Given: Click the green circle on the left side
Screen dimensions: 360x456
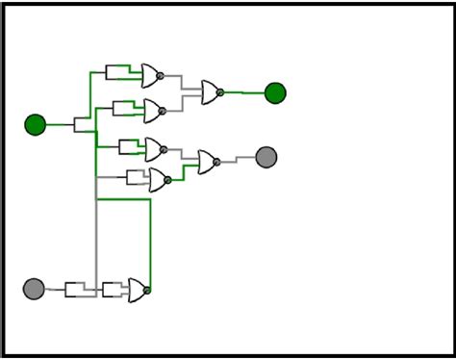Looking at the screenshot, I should coord(36,124).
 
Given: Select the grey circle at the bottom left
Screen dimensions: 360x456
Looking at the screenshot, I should coord(34,289).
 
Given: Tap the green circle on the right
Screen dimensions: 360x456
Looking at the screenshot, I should coord(275,93).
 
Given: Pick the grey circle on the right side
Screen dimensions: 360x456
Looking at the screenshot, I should coord(266,157).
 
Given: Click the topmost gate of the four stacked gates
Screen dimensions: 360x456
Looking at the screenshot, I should coord(150,75).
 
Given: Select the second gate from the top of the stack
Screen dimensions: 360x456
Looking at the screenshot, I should coord(152,111).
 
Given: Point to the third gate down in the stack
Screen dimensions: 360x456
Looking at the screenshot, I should coord(153,149).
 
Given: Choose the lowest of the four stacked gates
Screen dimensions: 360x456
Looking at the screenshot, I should coord(157,180).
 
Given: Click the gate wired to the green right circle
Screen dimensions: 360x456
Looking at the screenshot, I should coord(210,92).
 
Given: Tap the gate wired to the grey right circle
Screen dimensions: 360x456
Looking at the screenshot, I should coord(207,162).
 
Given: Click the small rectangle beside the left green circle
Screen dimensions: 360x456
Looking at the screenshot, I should coord(82,124).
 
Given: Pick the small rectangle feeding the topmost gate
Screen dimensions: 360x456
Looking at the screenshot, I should coord(115,72).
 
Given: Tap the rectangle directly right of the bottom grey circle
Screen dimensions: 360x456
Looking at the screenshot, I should coord(74,290).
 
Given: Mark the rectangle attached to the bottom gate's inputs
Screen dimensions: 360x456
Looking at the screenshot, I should coord(112,290).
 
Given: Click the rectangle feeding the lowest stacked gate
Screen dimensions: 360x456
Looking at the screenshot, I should coord(136,178).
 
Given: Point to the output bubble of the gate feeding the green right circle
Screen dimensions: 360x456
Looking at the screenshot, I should coord(220,92).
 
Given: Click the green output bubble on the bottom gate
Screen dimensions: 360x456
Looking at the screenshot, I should coord(147,290).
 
